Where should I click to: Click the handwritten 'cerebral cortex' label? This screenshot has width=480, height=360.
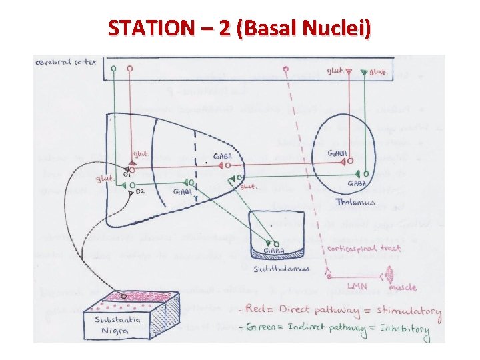pyautogui.click(x=65, y=63)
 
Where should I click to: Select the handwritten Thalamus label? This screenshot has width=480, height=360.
pyautogui.click(x=355, y=202)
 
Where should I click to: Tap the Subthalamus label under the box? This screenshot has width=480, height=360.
pyautogui.click(x=281, y=269)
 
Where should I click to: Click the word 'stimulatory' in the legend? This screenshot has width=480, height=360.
pyautogui.click(x=415, y=312)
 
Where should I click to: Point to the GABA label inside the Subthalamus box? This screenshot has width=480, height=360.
pyautogui.click(x=275, y=251)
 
